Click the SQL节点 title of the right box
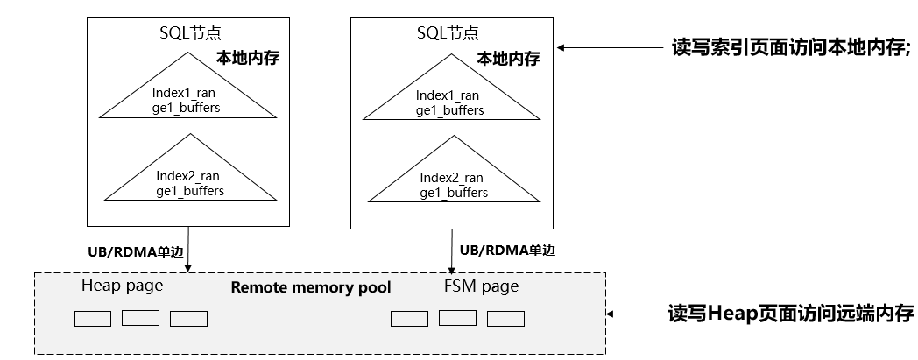pos(448,32)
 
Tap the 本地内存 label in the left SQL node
pos(248,58)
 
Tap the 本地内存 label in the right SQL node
pos(508,59)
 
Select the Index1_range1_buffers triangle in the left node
pos(187,86)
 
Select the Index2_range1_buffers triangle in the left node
pos(190,167)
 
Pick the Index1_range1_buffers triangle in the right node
pos(451,88)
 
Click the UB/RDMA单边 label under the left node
pos(136,252)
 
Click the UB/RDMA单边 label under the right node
pos(507,251)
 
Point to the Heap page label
pos(122,286)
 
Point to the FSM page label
pos(481,286)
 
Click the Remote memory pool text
pos(311,287)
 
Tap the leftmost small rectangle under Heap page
pos(93,319)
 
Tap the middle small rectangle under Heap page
pos(140,318)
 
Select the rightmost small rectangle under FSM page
pos(505,319)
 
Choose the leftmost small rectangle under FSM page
pos(409,319)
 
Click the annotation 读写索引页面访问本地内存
pos(791,47)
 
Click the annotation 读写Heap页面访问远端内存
pos(791,314)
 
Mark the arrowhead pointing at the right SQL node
pos(561,47)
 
